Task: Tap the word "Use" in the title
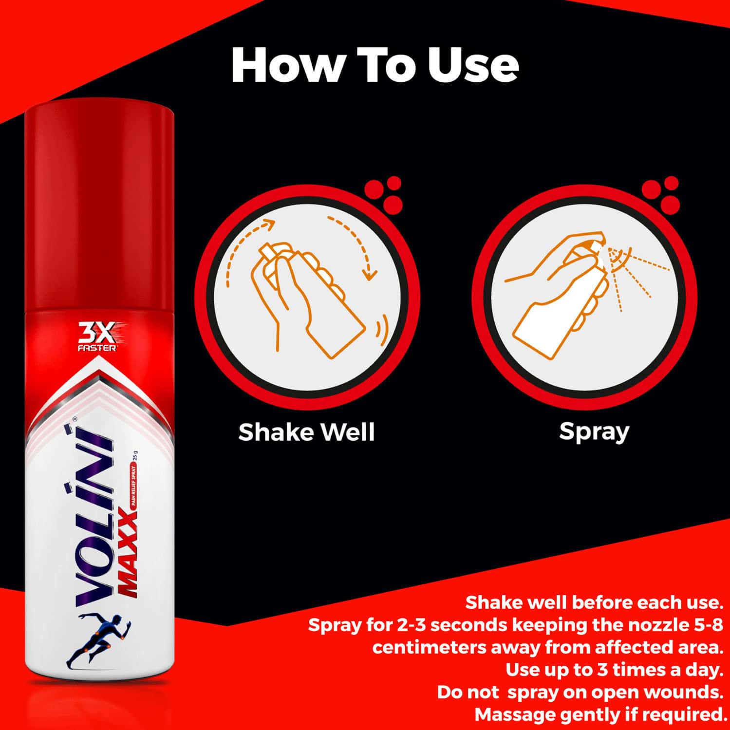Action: click(x=473, y=65)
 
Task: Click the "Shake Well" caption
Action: click(x=306, y=432)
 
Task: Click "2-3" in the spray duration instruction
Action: click(x=412, y=625)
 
